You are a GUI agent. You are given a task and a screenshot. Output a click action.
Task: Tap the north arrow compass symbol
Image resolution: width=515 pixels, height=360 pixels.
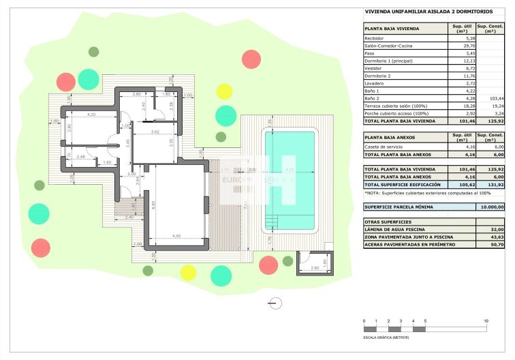pyautogui.click(x=275, y=302)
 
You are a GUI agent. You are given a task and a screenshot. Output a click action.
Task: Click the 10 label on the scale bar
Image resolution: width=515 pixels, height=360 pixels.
pyautogui.click(x=486, y=320)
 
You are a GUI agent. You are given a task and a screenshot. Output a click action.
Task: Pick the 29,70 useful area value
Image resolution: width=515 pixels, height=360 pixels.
pyautogui.click(x=461, y=45)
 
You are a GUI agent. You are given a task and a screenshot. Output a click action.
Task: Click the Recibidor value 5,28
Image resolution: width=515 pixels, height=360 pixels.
pyautogui.click(x=461, y=38)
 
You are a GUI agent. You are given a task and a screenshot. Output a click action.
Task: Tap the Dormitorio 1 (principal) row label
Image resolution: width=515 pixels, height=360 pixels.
pyautogui.click(x=389, y=61)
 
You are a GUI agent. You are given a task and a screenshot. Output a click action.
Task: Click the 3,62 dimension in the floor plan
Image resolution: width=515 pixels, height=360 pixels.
pyautogui.click(x=155, y=132)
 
